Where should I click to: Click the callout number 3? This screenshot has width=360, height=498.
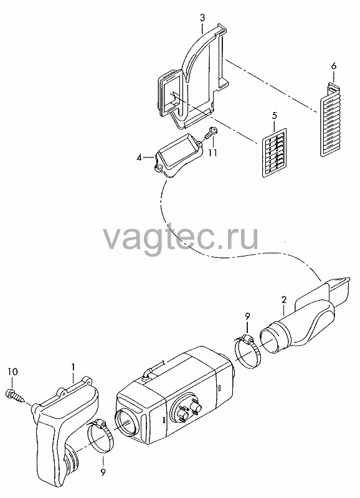202,18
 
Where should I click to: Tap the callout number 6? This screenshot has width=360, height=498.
334,66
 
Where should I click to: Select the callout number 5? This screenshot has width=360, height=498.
275,116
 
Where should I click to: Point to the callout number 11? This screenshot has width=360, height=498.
212,153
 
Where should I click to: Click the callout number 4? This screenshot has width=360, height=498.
139,157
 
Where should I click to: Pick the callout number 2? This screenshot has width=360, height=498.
284,299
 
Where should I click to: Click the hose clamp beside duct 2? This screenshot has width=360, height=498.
247,352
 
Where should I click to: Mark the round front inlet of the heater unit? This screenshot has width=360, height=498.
127,423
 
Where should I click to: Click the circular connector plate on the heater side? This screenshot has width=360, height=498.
186,409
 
